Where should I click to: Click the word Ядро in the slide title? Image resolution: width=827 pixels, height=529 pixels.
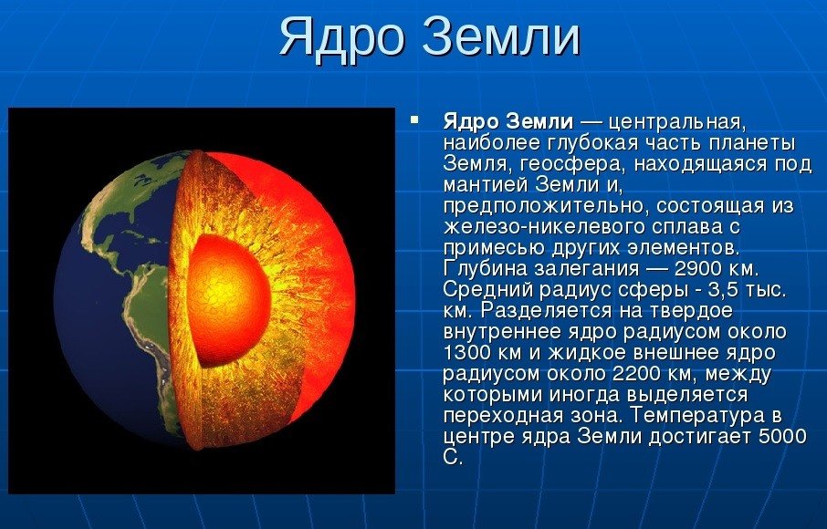pos(341,38)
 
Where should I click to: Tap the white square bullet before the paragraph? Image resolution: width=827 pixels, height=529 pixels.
pos(414,119)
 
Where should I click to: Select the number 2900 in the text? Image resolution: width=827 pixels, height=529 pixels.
pos(697,269)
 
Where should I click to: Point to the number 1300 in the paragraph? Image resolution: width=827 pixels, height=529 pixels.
pos(466,352)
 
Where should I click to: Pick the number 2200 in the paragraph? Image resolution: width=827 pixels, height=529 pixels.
pos(636,373)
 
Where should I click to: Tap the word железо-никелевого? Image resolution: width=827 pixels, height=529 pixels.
pos(535,226)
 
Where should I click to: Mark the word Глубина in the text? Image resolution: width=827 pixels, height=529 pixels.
pos(485,269)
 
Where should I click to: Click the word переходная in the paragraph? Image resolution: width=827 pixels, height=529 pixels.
pos(505,416)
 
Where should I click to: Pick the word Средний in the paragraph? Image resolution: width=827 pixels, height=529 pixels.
pos(485,290)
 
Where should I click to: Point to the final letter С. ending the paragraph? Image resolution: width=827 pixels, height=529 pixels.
pos(453,457)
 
